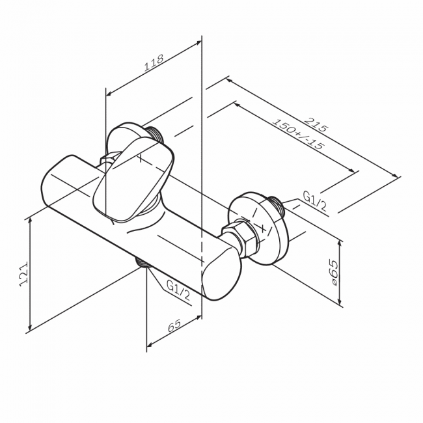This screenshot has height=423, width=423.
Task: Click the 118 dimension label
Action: (x=154, y=63)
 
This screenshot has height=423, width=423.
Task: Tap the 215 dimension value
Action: (x=316, y=124)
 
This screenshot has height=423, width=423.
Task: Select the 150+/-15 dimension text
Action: (x=298, y=134)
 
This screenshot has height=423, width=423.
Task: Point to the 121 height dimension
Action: (x=23, y=273)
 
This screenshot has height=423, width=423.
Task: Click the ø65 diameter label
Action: (x=333, y=273)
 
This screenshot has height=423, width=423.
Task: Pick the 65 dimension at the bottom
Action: (x=174, y=325)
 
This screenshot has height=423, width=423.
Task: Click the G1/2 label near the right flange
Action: (x=315, y=201)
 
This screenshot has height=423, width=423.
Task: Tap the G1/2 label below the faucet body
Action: (x=178, y=290)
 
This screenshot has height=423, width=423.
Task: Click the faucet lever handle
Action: (x=133, y=180)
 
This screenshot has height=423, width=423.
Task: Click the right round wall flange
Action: (x=258, y=228)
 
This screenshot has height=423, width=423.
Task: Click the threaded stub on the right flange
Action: (x=276, y=205)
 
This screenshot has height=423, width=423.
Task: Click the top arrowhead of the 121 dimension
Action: (x=31, y=221)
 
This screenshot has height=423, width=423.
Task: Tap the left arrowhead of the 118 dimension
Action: (x=109, y=93)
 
